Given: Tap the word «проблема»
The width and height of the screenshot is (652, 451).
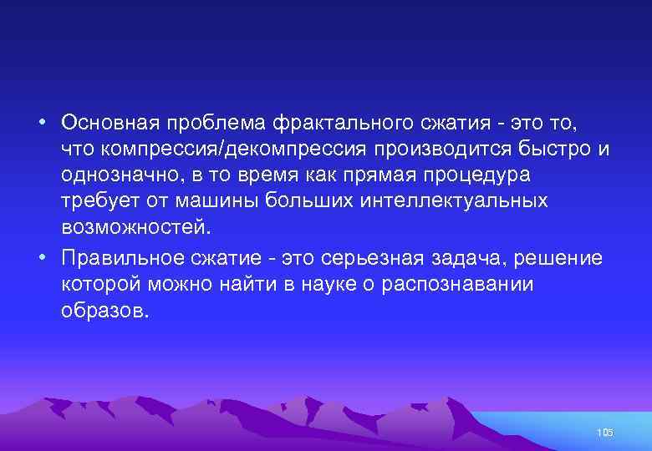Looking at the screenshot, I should (x=219, y=123).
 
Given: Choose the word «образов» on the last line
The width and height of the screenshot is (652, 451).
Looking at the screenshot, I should (x=101, y=311).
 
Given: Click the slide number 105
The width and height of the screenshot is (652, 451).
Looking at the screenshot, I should (x=606, y=432).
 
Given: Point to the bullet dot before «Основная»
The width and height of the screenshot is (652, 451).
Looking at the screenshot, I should (x=41, y=124).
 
